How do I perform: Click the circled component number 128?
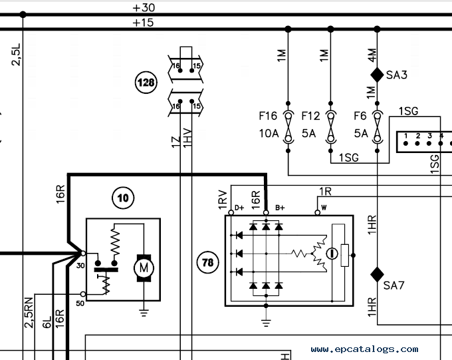click(146, 83)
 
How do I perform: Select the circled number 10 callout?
click(123, 198)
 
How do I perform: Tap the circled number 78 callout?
click(207, 262)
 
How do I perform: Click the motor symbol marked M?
click(144, 268)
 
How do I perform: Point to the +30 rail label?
click(144, 7)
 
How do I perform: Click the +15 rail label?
click(143, 23)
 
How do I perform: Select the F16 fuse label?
click(268, 116)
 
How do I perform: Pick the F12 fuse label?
click(311, 116)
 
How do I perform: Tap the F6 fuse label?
click(360, 116)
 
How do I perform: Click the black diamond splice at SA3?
click(377, 75)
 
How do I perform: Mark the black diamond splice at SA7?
click(377, 274)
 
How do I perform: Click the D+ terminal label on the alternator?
click(239, 208)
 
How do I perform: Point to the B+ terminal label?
click(280, 208)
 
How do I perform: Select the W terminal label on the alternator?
click(324, 208)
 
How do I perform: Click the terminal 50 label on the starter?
click(80, 303)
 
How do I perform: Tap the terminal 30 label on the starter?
click(80, 266)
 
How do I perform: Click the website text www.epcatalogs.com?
click(365, 349)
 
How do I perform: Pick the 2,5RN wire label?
click(29, 313)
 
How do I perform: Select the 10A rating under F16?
click(269, 133)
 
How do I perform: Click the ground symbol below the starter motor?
click(144, 313)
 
